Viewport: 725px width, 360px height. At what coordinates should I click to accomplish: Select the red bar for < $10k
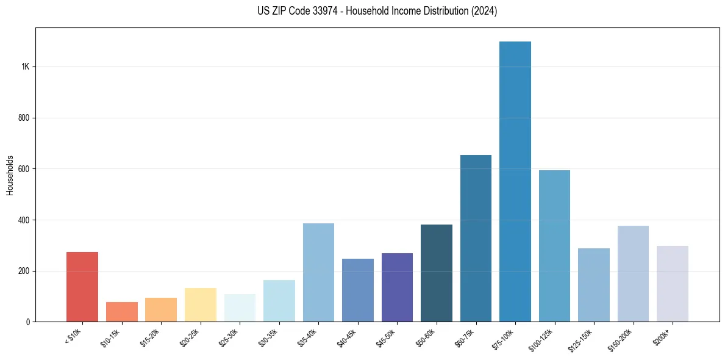tap(82, 287)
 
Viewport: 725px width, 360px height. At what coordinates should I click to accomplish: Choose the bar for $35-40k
tap(318, 272)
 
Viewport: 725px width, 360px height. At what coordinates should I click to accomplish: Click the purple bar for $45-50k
tap(397, 287)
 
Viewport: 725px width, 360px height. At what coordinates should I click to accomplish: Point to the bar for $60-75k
tap(476, 238)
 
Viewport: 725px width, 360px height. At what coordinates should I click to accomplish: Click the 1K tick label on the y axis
tap(26, 67)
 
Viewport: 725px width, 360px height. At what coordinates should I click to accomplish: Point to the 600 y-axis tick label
tap(24, 169)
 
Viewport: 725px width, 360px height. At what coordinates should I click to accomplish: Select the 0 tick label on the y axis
tap(28, 322)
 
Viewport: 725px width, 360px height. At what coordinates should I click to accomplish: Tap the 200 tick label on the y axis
tap(24, 271)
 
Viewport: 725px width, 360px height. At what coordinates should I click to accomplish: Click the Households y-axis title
tap(10, 175)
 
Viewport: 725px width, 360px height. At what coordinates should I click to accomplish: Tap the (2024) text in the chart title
tap(485, 11)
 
